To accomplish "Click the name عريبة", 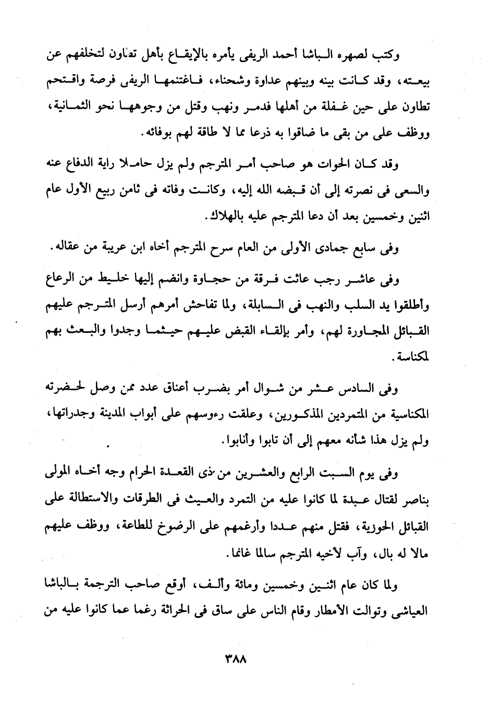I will [110, 249].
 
